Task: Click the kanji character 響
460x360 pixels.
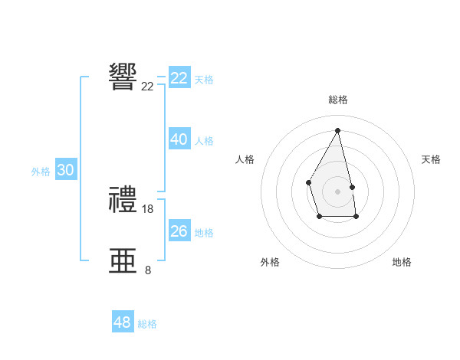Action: tap(123, 77)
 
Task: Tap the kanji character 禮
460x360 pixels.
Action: tap(123, 201)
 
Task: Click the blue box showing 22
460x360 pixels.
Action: tap(179, 78)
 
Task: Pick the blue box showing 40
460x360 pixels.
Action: tap(179, 139)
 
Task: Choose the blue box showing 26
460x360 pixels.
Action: tap(179, 231)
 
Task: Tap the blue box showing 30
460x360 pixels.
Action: tap(65, 171)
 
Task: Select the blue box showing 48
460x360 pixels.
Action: tap(123, 322)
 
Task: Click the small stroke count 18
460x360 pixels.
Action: tap(148, 208)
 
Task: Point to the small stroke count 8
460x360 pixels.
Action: tap(148, 270)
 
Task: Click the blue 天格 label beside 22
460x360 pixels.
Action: tap(204, 80)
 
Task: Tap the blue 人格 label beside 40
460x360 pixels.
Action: tap(204, 141)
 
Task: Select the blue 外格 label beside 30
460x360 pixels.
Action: tap(41, 172)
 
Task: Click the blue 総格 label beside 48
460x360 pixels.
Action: tap(147, 324)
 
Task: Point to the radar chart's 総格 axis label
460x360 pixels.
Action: tap(337, 100)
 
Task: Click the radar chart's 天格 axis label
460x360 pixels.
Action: tap(431, 159)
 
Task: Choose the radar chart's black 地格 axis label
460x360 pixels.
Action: tap(402, 262)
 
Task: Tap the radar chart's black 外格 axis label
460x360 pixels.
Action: tap(270, 262)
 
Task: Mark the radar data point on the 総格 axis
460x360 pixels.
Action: tap(337, 129)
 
